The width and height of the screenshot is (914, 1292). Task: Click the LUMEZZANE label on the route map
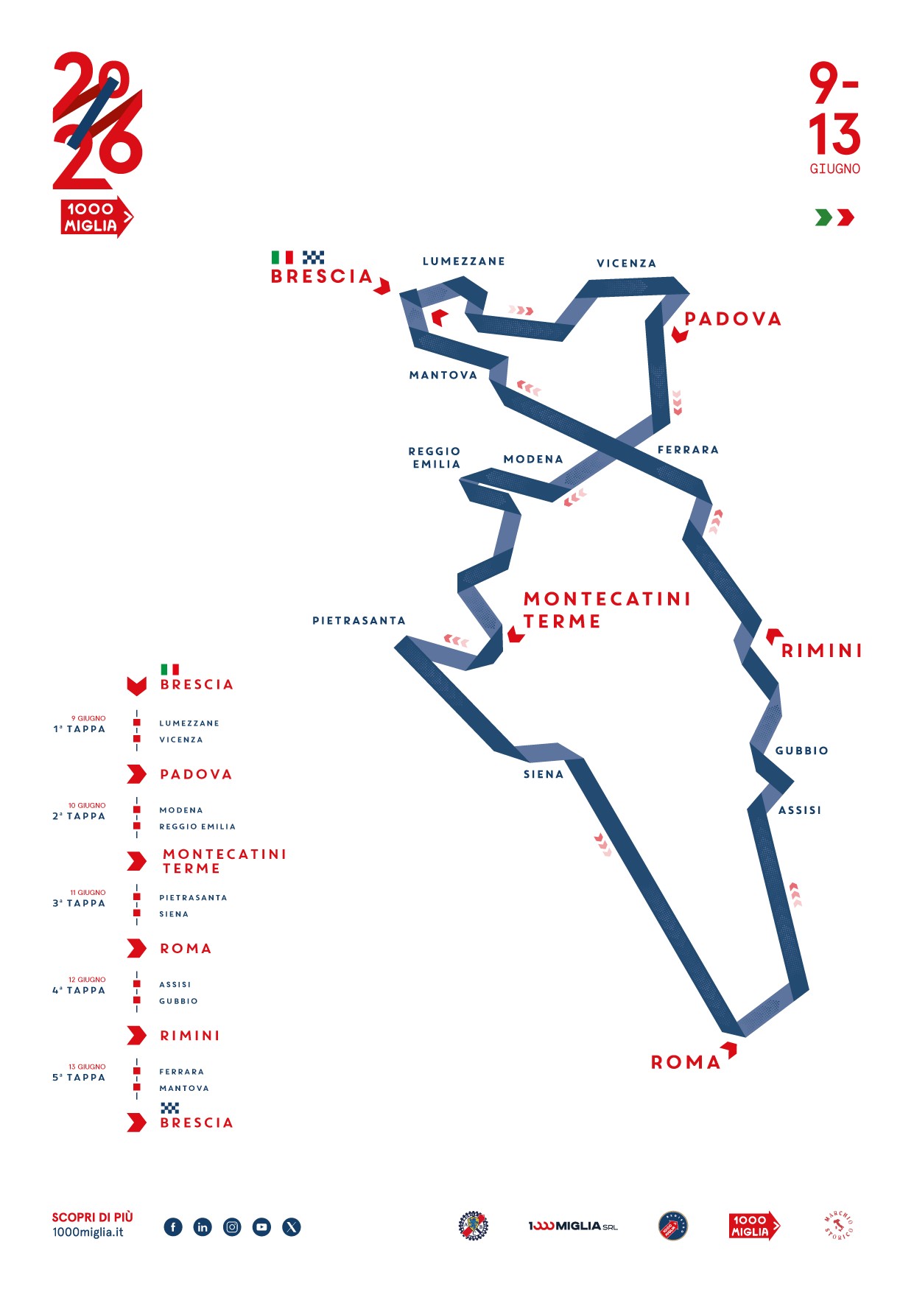463,261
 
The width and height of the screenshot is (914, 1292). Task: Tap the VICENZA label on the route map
626,264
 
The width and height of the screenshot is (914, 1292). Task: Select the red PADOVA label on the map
733,319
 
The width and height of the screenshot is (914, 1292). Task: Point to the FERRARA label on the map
688,450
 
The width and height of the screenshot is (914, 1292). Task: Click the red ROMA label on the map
686,1062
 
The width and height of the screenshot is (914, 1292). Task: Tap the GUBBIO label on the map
801,751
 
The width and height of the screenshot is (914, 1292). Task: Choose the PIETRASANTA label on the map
359,621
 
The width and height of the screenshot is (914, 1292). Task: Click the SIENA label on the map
544,774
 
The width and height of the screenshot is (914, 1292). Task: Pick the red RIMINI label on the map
821,651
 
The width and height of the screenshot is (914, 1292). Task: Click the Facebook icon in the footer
173,1226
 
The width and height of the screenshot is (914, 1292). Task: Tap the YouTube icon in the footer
261,1226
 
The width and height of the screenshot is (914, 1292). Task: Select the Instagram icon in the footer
232,1226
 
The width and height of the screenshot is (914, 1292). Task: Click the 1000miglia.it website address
88,1232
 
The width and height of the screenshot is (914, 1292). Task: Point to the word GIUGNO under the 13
834,169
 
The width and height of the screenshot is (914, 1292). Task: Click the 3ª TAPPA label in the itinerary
79,903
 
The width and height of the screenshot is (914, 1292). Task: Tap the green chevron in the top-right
823,217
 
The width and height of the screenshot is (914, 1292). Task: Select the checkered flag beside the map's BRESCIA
313,257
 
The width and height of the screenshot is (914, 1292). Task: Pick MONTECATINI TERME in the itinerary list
224,861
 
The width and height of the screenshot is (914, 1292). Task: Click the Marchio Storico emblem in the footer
838,1226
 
